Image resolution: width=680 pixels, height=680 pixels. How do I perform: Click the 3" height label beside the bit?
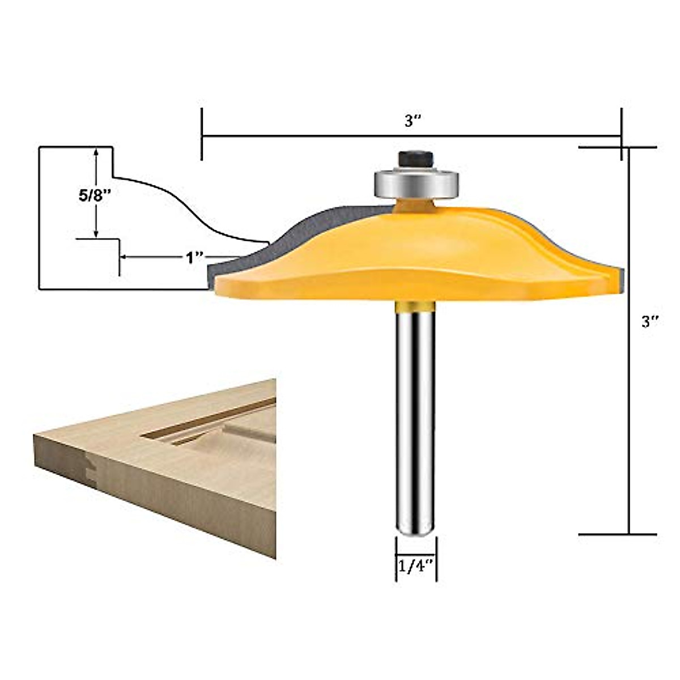click(649, 322)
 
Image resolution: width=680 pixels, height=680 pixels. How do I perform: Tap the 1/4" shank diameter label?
click(415, 565)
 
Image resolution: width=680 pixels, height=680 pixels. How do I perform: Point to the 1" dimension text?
click(194, 258)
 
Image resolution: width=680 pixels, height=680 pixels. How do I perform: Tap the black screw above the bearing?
click(416, 158)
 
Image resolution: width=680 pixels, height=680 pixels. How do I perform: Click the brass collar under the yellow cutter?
click(415, 306)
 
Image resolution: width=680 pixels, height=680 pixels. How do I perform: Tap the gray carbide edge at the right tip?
click(620, 278)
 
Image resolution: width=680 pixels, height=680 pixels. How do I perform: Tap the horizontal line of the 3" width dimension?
click(340, 136)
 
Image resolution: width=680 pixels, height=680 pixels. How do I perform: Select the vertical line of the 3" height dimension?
click(629, 397)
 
